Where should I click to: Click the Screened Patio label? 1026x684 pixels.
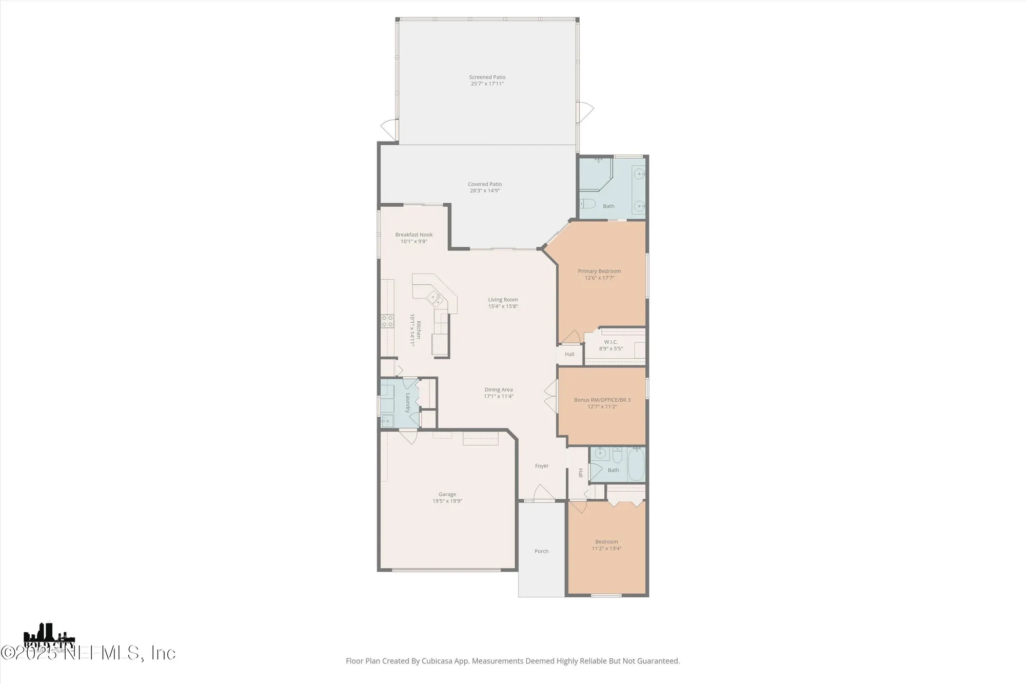[487, 77]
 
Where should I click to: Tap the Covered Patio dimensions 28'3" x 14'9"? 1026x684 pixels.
[485, 191]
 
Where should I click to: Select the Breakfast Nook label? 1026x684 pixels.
[413, 234]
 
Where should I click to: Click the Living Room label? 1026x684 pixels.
[503, 300]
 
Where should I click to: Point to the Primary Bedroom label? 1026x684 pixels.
[599, 271]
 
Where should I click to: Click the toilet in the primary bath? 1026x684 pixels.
[587, 204]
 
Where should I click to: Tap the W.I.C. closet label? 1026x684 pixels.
[610, 342]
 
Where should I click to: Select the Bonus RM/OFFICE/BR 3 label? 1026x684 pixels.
[602, 400]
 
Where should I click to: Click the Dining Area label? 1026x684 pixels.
[498, 389]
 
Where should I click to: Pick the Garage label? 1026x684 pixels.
[447, 494]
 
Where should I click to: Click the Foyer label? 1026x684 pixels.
[542, 466]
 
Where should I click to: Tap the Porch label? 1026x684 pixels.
[541, 551]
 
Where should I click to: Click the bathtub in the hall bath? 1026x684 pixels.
[636, 464]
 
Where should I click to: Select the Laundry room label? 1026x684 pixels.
[408, 403]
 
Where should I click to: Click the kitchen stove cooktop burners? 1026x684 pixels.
[387, 321]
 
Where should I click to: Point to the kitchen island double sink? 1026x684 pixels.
[436, 299]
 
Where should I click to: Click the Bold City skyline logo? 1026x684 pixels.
[49, 636]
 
